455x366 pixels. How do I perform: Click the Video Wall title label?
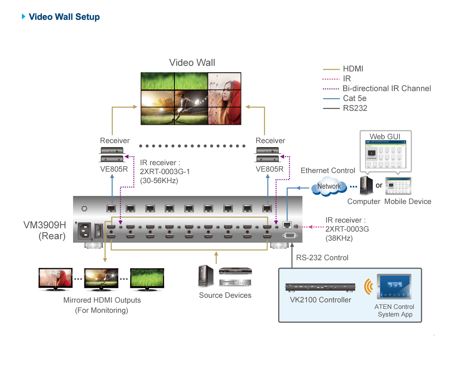coord(192,63)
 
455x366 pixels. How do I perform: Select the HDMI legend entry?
coord(353,69)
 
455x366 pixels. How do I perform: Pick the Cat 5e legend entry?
coord(354,98)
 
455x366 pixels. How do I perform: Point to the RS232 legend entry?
coord(355,108)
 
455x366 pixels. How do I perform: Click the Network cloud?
coord(329,186)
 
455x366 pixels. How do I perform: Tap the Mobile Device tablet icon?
coord(397,186)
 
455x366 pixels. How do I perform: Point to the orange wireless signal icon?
coord(368,287)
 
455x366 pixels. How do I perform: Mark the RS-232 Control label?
coord(322,258)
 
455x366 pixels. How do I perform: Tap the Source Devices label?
coord(225,295)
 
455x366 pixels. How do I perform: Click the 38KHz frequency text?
coord(339,238)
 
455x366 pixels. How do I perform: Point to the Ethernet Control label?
coord(328,171)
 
